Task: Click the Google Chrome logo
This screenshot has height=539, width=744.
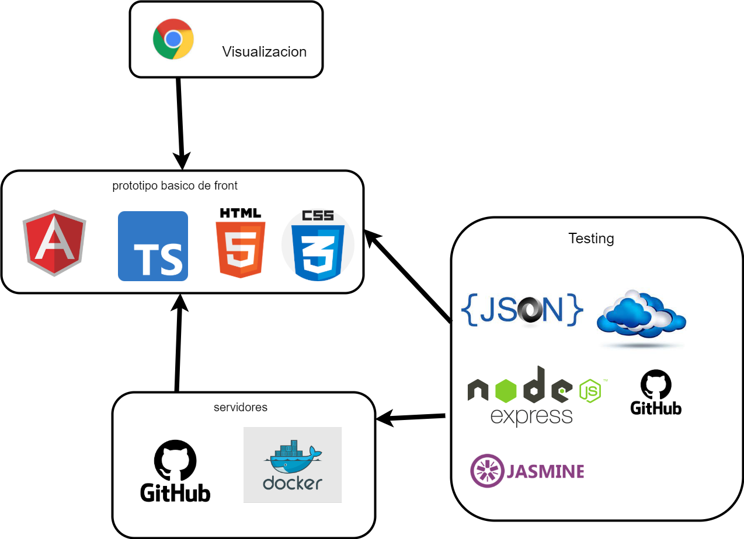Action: pyautogui.click(x=173, y=39)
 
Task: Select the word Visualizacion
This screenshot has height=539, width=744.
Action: pyautogui.click(x=264, y=51)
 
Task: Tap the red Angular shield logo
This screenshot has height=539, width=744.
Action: pyautogui.click(x=54, y=243)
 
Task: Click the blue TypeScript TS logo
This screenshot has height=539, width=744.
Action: pyautogui.click(x=153, y=246)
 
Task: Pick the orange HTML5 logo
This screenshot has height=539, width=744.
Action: pyautogui.click(x=241, y=243)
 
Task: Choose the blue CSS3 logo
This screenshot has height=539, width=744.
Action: pyautogui.click(x=318, y=246)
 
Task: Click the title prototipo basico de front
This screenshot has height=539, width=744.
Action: pyautogui.click(x=175, y=186)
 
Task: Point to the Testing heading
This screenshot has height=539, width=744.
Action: pyautogui.click(x=591, y=239)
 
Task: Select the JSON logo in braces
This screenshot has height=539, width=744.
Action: pyautogui.click(x=522, y=309)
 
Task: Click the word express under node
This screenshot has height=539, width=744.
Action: pyautogui.click(x=531, y=416)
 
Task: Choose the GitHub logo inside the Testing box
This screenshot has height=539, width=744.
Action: pyautogui.click(x=656, y=393)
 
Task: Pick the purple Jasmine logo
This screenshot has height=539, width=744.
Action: pyautogui.click(x=527, y=471)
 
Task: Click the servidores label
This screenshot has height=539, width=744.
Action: pyautogui.click(x=241, y=407)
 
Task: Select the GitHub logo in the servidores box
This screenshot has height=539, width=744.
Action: pyautogui.click(x=175, y=471)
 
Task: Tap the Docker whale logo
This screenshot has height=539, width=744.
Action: pyautogui.click(x=293, y=465)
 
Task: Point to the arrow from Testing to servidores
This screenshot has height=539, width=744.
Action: pyautogui.click(x=412, y=417)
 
